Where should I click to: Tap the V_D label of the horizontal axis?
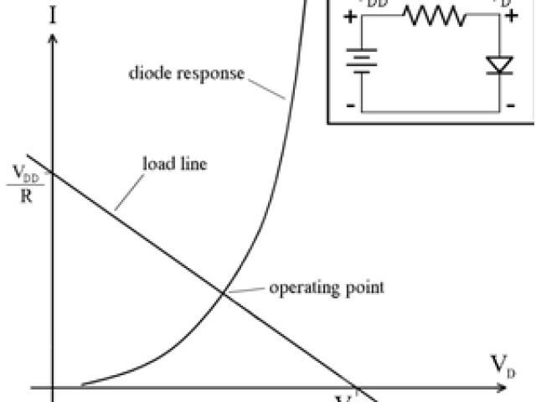click(502, 365)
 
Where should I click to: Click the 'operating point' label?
click(326, 288)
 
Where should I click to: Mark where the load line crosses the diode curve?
click(223, 291)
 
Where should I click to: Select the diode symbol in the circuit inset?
click(500, 64)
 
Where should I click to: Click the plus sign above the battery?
click(349, 15)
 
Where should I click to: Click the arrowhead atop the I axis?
click(53, 39)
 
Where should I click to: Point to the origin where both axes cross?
click(53, 389)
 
